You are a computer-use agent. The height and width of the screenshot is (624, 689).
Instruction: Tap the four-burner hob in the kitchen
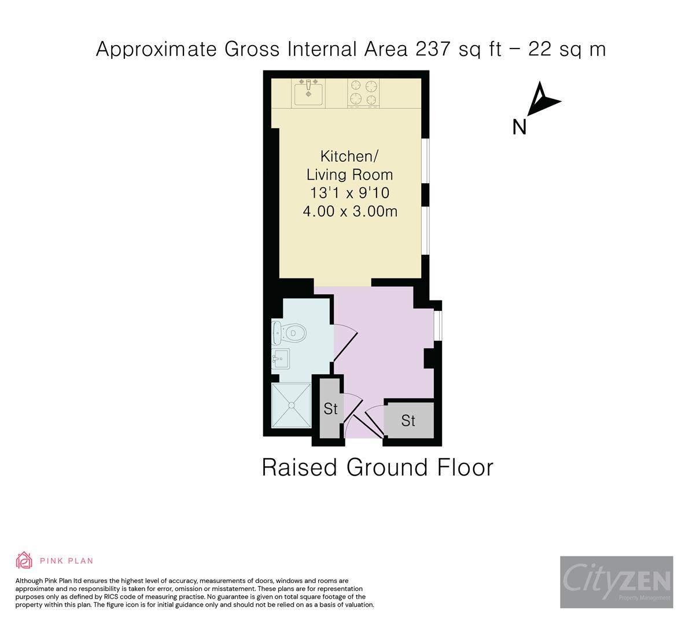(363, 93)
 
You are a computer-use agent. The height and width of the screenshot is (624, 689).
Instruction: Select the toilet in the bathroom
(290, 333)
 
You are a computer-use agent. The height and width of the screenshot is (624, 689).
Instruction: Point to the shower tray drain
(292, 405)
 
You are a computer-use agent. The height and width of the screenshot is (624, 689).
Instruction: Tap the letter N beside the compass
(519, 127)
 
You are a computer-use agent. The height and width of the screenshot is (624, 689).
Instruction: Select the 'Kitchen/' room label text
(349, 156)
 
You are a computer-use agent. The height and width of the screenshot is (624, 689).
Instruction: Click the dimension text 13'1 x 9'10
(349, 192)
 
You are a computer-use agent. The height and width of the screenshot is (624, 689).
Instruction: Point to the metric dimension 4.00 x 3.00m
(349, 211)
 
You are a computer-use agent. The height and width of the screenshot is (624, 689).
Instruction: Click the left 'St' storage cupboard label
(330, 409)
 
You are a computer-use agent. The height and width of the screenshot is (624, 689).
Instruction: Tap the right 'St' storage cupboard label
(408, 421)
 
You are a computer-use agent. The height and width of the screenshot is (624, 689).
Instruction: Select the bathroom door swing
(345, 346)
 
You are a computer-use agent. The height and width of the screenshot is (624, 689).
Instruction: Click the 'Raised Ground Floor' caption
(377, 467)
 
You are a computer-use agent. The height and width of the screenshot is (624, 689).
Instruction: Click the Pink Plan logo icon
(24, 560)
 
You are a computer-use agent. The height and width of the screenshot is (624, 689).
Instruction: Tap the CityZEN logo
(616, 581)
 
